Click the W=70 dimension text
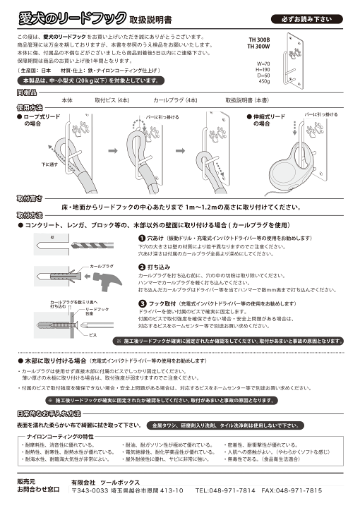(263, 63)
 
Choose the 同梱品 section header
(28, 92)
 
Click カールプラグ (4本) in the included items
(174, 101)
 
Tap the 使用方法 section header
(28, 108)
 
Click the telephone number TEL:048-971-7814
(226, 490)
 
